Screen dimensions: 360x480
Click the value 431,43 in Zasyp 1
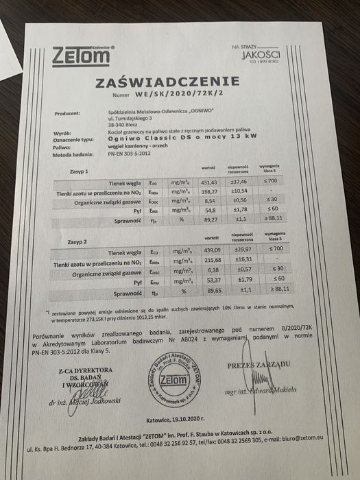(x=206, y=180)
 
